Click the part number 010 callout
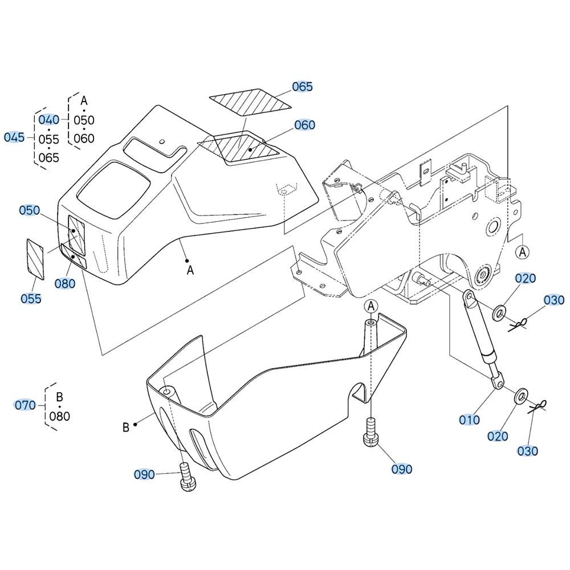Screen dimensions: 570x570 coord(469,420)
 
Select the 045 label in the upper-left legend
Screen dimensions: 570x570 coord(14,137)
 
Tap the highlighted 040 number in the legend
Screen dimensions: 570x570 coord(48,120)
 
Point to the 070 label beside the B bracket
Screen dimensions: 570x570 coord(25,405)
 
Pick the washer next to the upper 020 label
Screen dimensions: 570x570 coord(499,313)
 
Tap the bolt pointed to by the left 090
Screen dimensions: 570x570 coord(187,477)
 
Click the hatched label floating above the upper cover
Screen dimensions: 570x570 coord(250,103)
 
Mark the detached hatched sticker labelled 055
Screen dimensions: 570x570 coord(35,259)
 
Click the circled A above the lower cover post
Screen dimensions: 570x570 coord(371,306)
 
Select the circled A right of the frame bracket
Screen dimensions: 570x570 coord(523,252)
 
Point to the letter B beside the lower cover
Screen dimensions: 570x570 coord(126,427)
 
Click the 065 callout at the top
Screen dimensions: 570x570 coord(302,87)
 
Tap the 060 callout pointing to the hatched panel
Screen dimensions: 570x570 coord(304,125)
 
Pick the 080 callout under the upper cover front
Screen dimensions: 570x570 coord(65,283)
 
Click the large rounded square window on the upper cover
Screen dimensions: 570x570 coord(114,190)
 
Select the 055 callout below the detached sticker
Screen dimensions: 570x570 coord(31,299)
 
